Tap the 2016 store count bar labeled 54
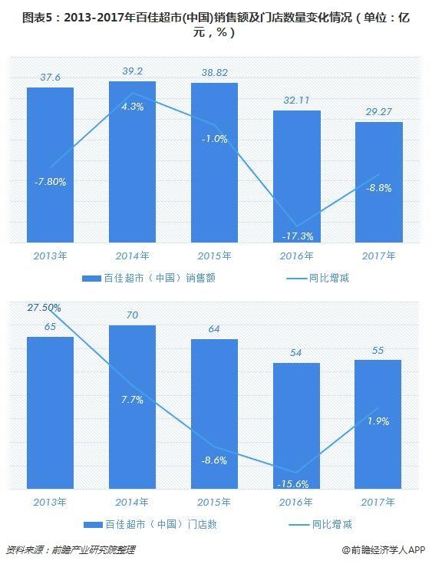point(296,426)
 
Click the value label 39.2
point(132,71)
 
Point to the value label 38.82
point(214,74)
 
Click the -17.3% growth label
point(296,236)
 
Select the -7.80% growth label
point(50,182)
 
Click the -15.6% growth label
point(296,483)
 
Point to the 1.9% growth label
point(378,421)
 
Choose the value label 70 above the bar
point(132,315)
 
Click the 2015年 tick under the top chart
point(214,256)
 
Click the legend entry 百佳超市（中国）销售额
point(149,278)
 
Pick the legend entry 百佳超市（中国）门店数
point(149,524)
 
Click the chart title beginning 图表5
point(216,25)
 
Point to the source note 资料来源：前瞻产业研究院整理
point(74,550)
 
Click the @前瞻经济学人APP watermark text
point(384,550)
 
